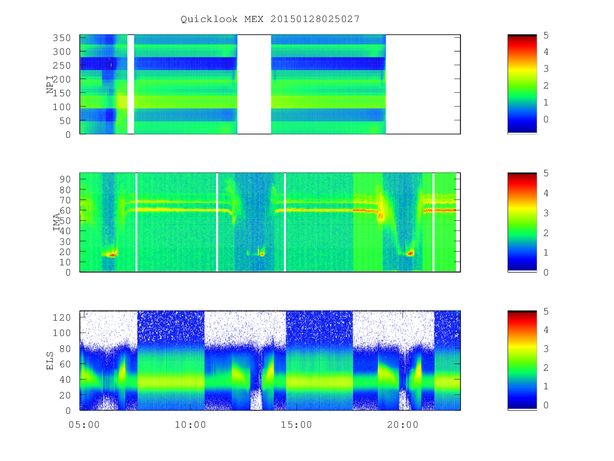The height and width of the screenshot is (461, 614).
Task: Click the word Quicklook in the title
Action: [x=209, y=19]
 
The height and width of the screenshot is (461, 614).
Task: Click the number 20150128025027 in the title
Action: [x=315, y=19]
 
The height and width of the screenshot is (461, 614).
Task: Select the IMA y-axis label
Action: [x=56, y=222]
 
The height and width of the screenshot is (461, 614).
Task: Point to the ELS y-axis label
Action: [x=50, y=361]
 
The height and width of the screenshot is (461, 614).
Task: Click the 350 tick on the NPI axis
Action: [x=61, y=38]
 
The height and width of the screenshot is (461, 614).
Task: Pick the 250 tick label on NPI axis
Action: [x=61, y=66]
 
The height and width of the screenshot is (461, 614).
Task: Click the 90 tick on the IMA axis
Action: [x=65, y=179]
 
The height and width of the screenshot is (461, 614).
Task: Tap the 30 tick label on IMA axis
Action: [x=65, y=242]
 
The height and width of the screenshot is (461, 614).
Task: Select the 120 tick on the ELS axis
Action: [x=61, y=318]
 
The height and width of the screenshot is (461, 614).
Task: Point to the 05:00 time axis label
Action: [x=84, y=425]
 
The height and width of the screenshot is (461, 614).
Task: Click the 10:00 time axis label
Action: [x=190, y=425]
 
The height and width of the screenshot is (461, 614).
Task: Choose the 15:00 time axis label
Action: [x=296, y=425]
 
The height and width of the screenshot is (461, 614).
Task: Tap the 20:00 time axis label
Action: [x=403, y=425]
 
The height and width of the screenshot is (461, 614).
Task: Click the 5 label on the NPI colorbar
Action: [x=546, y=35]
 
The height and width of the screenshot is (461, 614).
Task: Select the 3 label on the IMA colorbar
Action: [x=546, y=213]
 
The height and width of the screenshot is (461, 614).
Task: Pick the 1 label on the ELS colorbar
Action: [x=546, y=386]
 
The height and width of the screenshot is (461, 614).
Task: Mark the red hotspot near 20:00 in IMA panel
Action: [x=410, y=254]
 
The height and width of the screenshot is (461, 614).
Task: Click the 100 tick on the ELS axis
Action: [x=61, y=333]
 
